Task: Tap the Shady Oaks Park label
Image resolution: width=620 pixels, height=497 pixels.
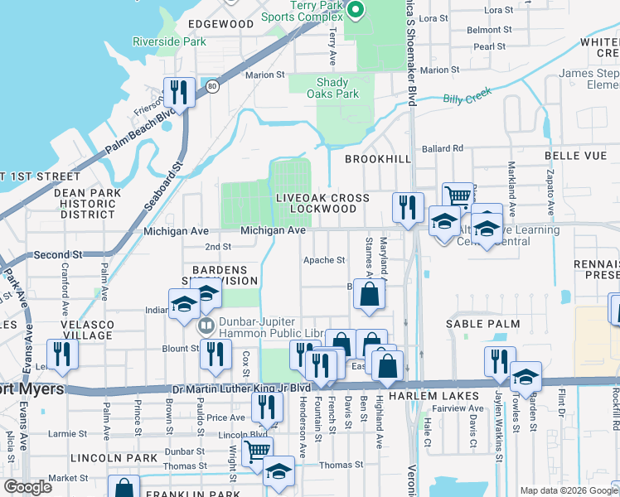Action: coord(337,88)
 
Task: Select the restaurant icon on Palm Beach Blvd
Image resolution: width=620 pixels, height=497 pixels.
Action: coord(179,90)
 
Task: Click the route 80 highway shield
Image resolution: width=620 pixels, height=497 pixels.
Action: coord(212,85)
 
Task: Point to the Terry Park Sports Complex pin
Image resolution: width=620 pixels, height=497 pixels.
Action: coord(356,11)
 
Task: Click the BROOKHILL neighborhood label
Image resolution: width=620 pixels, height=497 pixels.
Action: coord(377,157)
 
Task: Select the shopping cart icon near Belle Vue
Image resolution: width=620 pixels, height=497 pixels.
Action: coord(457,196)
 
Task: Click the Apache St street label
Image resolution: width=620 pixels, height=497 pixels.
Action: coord(323,260)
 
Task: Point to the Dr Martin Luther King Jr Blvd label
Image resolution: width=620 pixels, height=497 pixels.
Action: coord(240,387)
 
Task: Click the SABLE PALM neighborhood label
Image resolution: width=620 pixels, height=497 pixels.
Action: coord(482,324)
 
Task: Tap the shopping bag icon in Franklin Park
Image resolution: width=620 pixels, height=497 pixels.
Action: coord(124,488)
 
